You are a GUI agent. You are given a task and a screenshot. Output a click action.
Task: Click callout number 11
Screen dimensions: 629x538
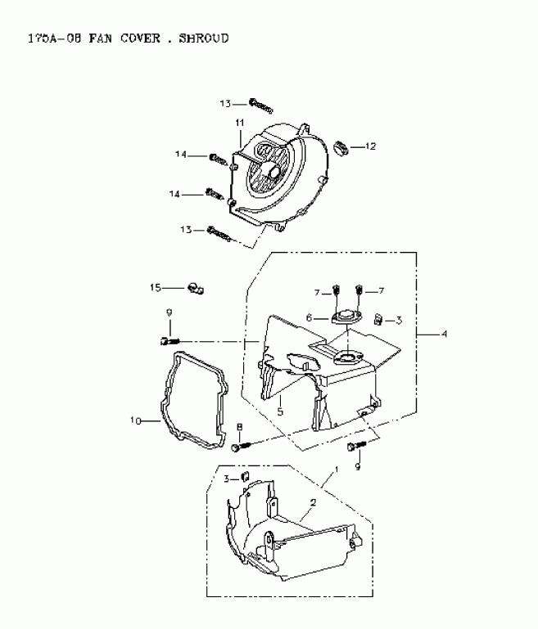coord(241,123)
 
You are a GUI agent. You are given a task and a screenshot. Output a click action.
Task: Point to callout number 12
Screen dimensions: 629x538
coord(370,146)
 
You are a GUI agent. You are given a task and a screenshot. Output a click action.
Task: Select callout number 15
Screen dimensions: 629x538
coord(156,287)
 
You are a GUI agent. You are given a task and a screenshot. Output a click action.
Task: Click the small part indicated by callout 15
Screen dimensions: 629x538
coord(197,287)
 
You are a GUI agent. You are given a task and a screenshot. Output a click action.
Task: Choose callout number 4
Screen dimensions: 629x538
coord(445,334)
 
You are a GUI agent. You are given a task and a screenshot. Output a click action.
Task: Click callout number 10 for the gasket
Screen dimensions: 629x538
coord(137,421)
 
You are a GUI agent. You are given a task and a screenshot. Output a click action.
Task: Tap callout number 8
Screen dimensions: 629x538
coord(240,427)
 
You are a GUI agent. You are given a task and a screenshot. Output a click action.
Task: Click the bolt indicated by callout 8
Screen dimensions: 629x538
coord(237,447)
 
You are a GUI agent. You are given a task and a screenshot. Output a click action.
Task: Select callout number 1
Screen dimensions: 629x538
coord(333,474)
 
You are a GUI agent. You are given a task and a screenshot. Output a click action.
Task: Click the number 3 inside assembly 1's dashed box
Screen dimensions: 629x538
coord(227,478)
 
